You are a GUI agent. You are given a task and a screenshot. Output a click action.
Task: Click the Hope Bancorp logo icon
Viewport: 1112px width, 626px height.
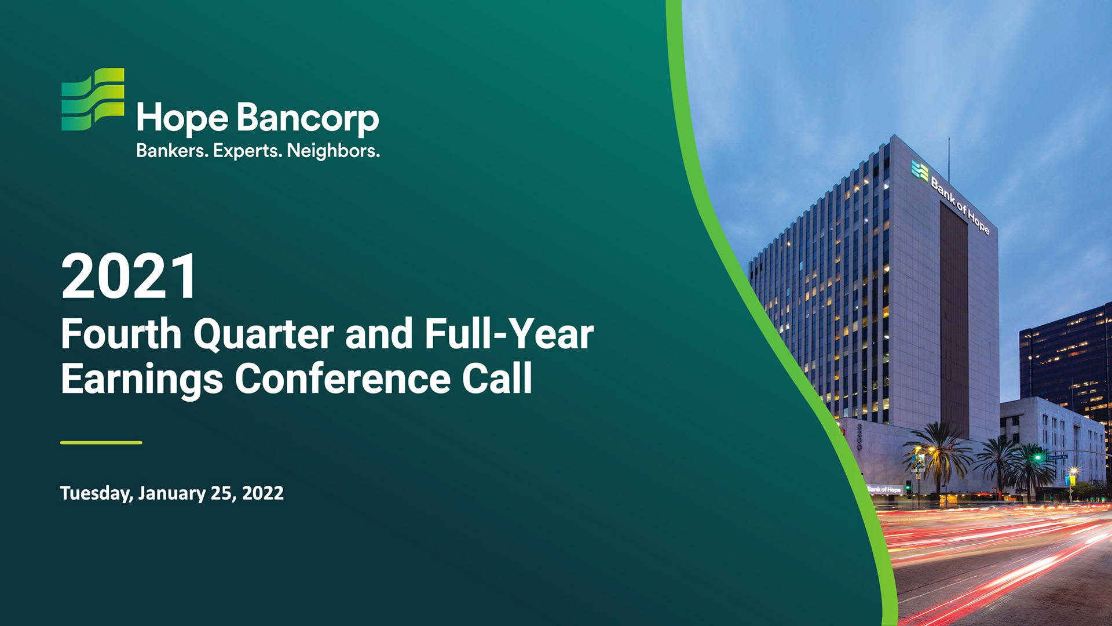tap(93, 99)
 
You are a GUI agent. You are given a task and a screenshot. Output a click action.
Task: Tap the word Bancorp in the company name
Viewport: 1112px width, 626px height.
tap(308, 119)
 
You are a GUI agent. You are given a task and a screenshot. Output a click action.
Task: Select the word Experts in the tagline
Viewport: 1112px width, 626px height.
tap(247, 151)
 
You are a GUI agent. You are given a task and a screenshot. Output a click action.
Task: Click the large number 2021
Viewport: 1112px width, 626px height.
tap(129, 276)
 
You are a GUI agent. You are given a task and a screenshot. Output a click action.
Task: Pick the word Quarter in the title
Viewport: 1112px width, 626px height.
tap(264, 334)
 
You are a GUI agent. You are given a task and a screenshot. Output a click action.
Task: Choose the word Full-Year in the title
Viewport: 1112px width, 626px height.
tap(509, 334)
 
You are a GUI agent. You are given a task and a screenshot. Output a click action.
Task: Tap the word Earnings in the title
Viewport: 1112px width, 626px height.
tap(142, 380)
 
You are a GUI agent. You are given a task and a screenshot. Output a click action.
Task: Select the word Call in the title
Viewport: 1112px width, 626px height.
tap(497, 378)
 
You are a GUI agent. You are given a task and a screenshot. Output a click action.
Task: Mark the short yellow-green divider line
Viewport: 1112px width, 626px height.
tap(101, 442)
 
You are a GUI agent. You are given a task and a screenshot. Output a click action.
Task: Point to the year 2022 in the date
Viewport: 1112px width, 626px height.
tap(263, 493)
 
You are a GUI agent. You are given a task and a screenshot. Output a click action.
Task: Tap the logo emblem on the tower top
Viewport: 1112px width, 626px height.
tap(920, 170)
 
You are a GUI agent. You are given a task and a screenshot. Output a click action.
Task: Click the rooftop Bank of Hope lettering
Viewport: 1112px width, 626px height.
tap(960, 206)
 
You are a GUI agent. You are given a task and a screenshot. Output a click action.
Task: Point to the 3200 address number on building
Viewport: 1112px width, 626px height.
tap(860, 436)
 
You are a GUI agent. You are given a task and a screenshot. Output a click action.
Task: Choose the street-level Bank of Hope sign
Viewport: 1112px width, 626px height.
tap(884, 490)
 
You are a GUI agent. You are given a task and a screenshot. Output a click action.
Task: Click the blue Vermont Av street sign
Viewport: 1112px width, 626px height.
tap(1057, 457)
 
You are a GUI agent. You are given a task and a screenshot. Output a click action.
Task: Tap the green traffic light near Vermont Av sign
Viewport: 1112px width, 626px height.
tap(1038, 457)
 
